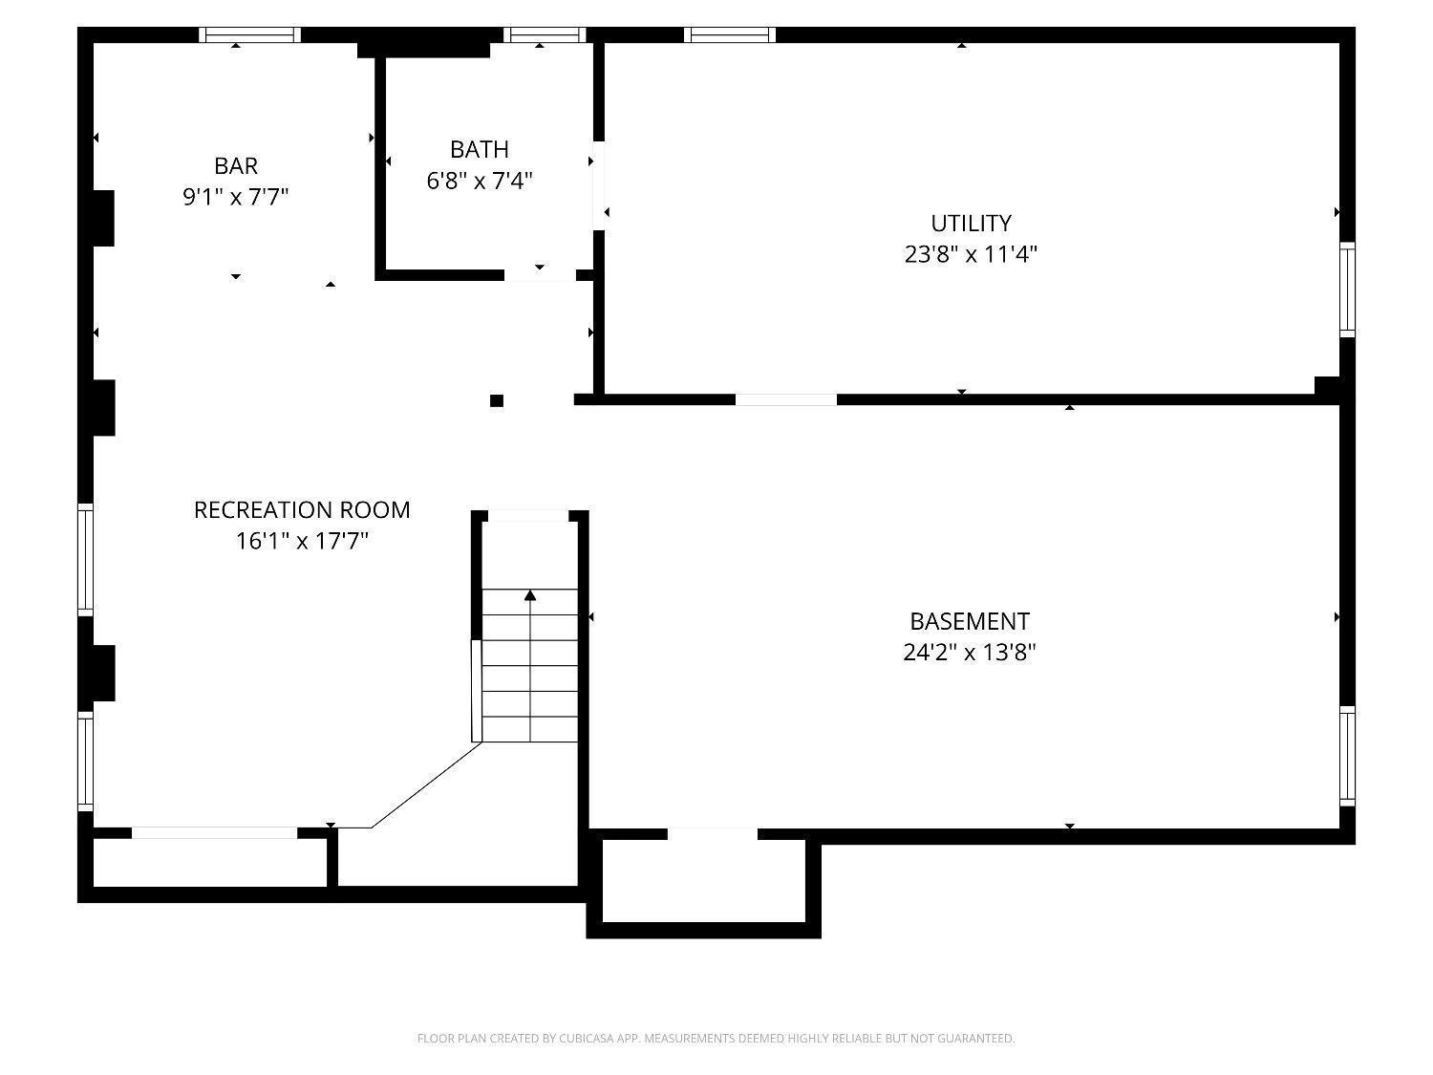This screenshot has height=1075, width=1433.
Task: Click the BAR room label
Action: (236, 165)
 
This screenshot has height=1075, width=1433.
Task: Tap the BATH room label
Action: (480, 149)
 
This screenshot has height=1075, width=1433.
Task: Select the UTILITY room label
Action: (971, 224)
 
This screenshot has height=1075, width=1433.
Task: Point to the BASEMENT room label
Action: (970, 621)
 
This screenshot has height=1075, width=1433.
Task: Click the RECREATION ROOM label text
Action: (302, 509)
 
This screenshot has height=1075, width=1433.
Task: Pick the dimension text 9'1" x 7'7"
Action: (236, 197)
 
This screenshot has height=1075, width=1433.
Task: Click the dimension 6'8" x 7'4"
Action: (480, 181)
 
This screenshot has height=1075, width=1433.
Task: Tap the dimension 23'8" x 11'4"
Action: (971, 254)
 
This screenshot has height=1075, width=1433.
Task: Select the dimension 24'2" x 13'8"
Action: (970, 652)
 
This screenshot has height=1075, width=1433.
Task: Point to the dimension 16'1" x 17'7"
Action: (302, 541)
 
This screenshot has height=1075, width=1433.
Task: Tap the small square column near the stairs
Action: (496, 400)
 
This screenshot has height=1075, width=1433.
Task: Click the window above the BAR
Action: (249, 34)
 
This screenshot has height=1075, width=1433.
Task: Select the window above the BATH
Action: (545, 34)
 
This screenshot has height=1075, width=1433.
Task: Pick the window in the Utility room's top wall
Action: (729, 34)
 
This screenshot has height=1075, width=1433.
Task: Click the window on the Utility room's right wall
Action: (1347, 290)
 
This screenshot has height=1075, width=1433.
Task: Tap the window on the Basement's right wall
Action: (1347, 757)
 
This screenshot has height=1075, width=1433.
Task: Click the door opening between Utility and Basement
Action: (786, 399)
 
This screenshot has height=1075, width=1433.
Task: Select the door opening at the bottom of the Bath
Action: (540, 275)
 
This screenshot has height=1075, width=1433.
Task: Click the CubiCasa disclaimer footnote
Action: (716, 1039)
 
